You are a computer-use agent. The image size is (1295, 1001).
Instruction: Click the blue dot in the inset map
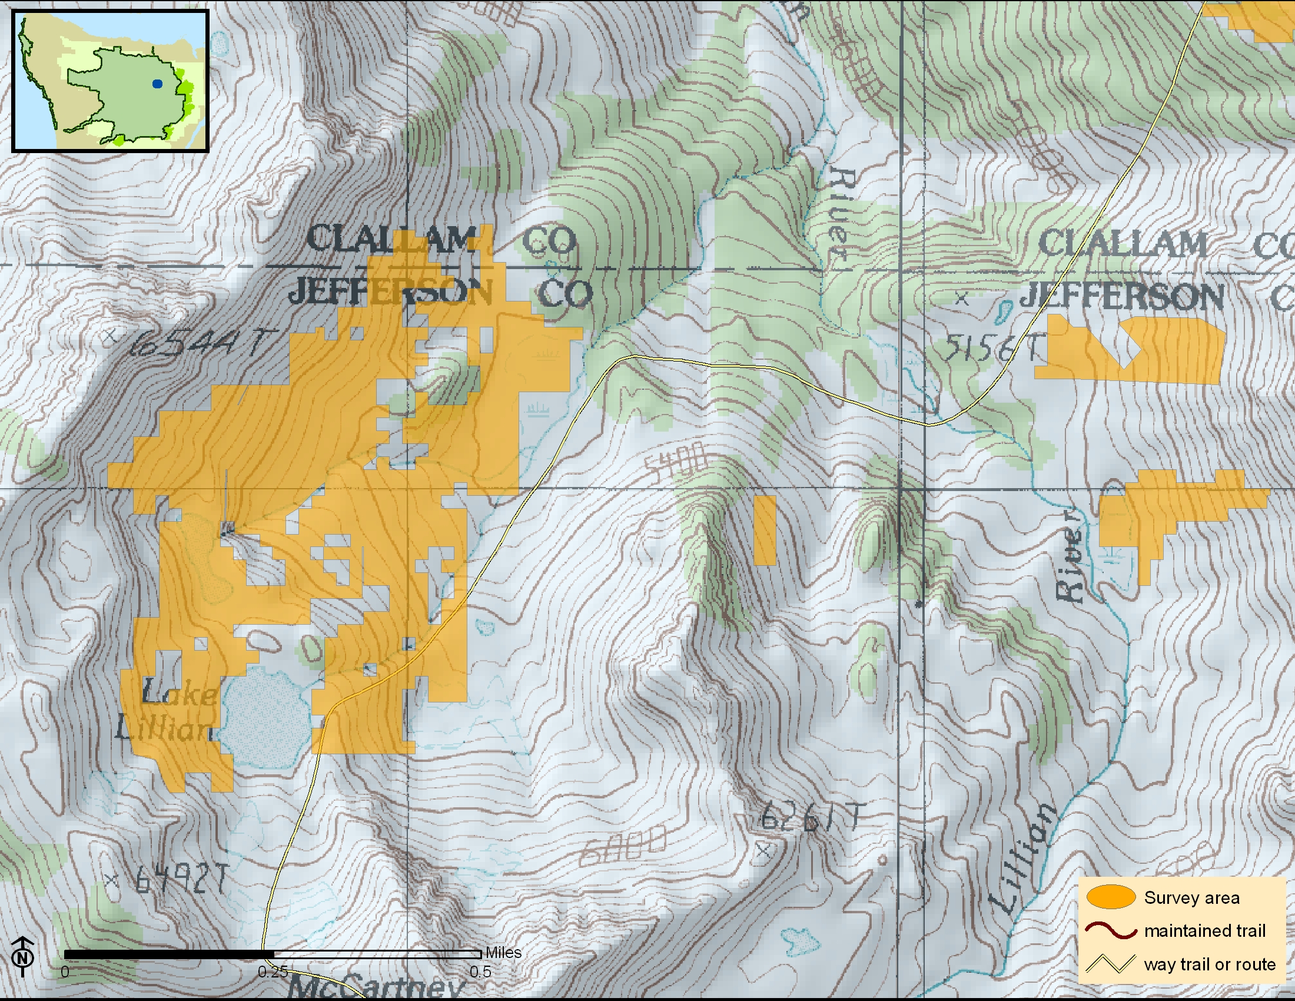(x=157, y=84)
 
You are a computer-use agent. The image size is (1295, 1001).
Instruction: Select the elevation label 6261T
(x=811, y=817)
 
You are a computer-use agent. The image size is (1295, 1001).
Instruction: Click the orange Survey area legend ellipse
(x=1111, y=897)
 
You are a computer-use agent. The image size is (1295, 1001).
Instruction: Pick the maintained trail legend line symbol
(x=1111, y=930)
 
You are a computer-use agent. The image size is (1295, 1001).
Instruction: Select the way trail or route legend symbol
(x=1111, y=964)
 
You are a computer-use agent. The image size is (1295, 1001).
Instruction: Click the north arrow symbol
(x=22, y=956)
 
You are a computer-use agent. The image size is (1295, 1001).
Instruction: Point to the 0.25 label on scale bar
(x=273, y=972)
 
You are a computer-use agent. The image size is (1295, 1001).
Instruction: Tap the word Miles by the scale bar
(x=503, y=952)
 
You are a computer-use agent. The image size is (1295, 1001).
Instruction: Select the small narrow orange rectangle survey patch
(x=765, y=530)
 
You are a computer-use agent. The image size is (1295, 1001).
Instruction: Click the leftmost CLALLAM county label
(x=391, y=240)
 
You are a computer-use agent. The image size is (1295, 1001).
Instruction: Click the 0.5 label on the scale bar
(x=480, y=972)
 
